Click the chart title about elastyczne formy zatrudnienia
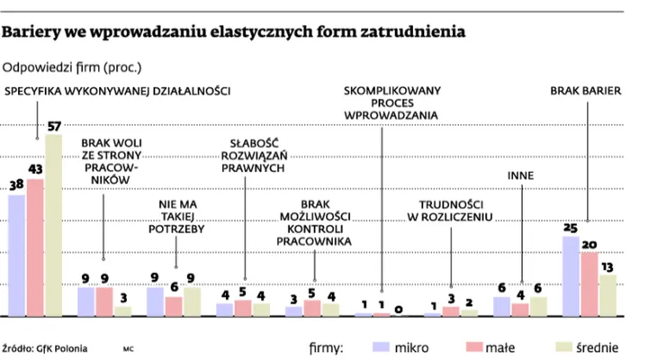click(234, 33)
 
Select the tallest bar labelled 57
click(54, 225)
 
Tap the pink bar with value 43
click(35, 247)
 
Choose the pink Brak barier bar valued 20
click(589, 283)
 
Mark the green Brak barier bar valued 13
click(608, 294)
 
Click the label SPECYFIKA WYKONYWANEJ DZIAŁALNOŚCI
click(118, 91)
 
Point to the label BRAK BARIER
click(586, 91)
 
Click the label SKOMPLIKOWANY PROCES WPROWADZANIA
click(390, 103)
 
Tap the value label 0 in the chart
click(400, 309)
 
